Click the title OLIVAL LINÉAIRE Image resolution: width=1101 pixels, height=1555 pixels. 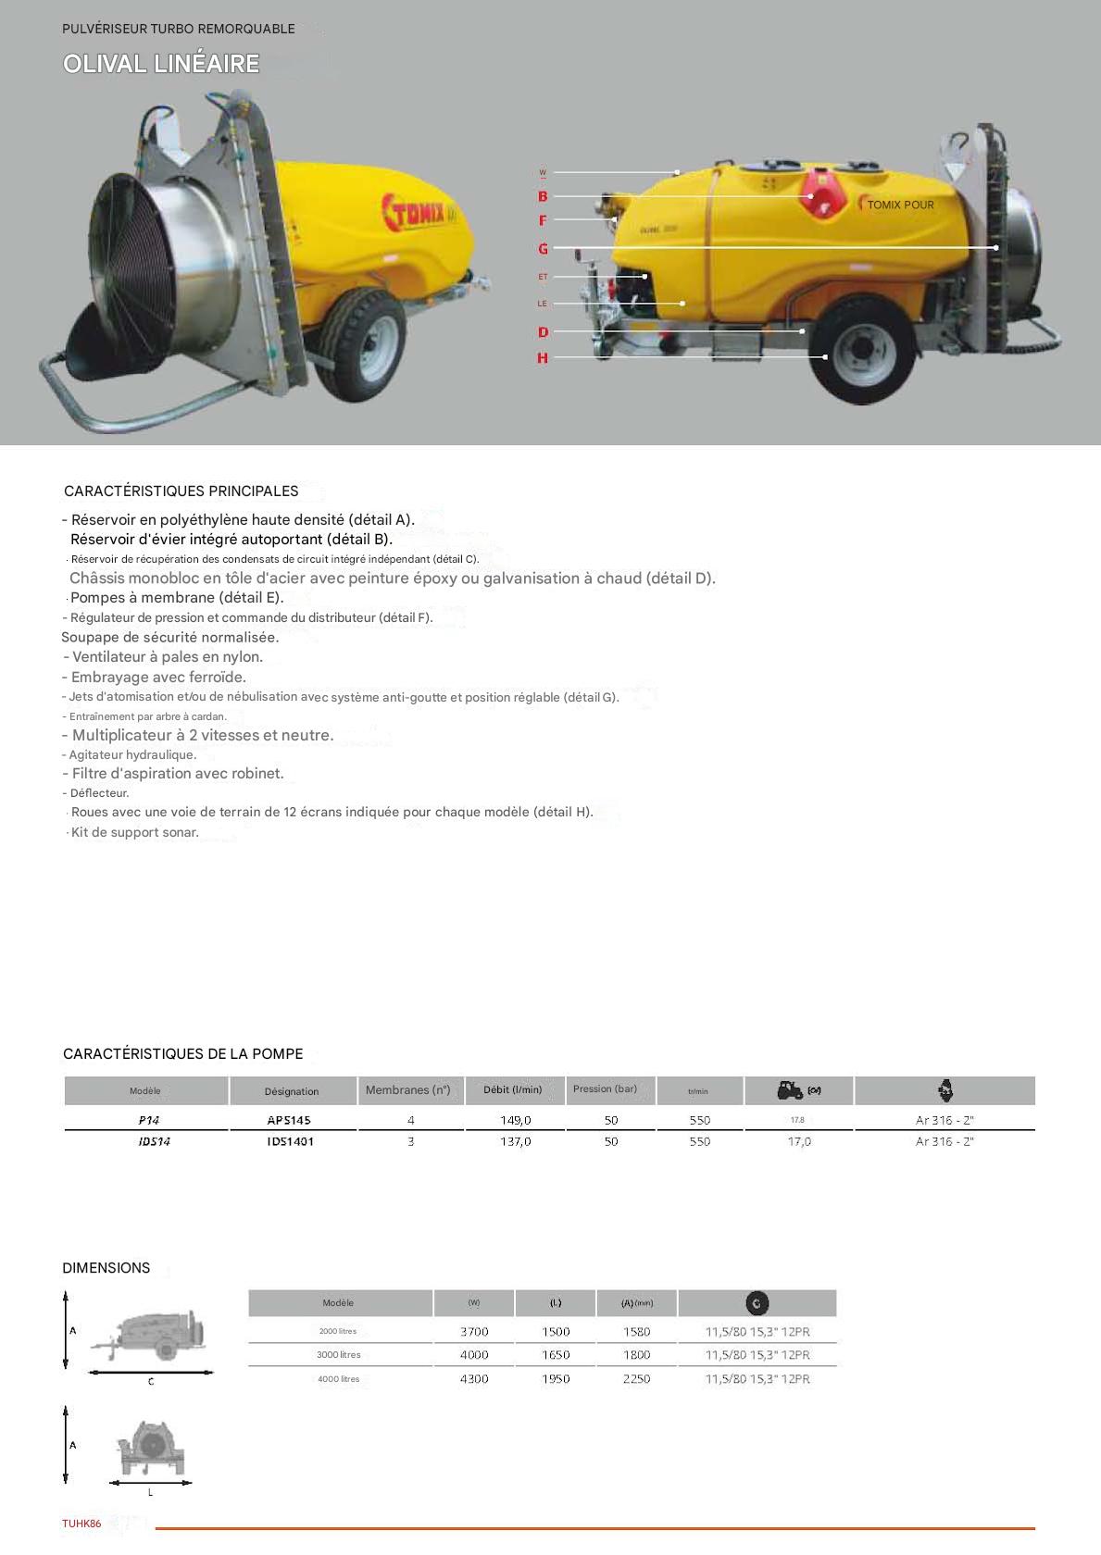[x=161, y=64]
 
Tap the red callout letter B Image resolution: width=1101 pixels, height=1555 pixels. [x=543, y=196]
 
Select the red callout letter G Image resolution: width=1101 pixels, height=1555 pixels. [x=543, y=248]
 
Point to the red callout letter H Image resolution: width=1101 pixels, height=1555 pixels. [x=543, y=358]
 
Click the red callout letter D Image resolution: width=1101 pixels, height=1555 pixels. [x=543, y=332]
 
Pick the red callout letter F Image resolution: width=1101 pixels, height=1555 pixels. [x=543, y=220]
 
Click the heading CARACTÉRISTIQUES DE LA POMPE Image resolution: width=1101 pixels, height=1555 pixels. [x=182, y=1054]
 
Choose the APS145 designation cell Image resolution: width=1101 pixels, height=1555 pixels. [x=289, y=1120]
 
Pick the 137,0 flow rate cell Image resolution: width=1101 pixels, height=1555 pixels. [x=516, y=1142]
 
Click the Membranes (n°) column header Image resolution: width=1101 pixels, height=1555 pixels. [x=407, y=1090]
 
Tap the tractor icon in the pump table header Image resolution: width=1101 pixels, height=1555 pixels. [x=790, y=1090]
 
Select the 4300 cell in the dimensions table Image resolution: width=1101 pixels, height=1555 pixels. [x=474, y=1379]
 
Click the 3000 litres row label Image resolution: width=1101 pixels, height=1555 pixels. [x=338, y=1355]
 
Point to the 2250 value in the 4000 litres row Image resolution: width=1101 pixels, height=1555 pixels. [x=637, y=1379]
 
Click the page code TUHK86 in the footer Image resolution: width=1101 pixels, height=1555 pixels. [x=81, y=1524]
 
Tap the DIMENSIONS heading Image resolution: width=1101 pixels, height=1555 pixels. [x=106, y=1268]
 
